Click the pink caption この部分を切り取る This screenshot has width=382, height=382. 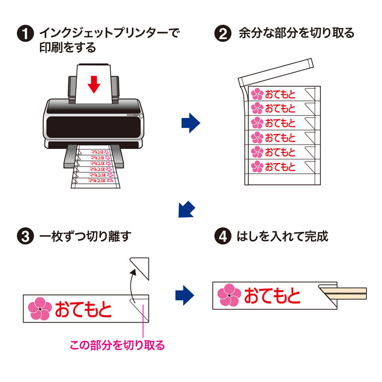117,345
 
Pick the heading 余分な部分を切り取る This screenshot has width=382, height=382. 296,33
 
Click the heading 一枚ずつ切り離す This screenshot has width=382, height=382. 86,236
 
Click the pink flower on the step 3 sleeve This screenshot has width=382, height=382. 40,309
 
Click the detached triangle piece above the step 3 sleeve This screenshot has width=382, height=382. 141,268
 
